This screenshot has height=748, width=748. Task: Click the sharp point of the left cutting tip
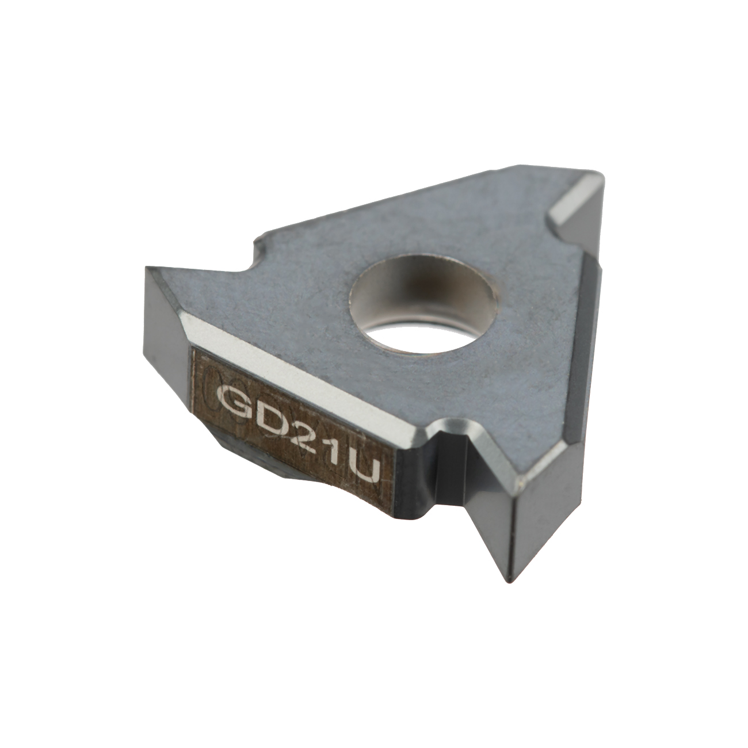pyautogui.click(x=146, y=266)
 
